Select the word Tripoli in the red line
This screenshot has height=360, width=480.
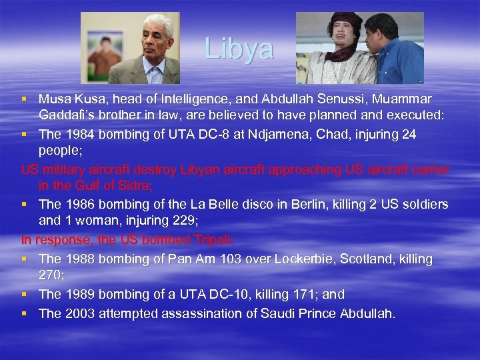point(211,240)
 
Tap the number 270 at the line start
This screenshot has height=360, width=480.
point(51,276)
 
